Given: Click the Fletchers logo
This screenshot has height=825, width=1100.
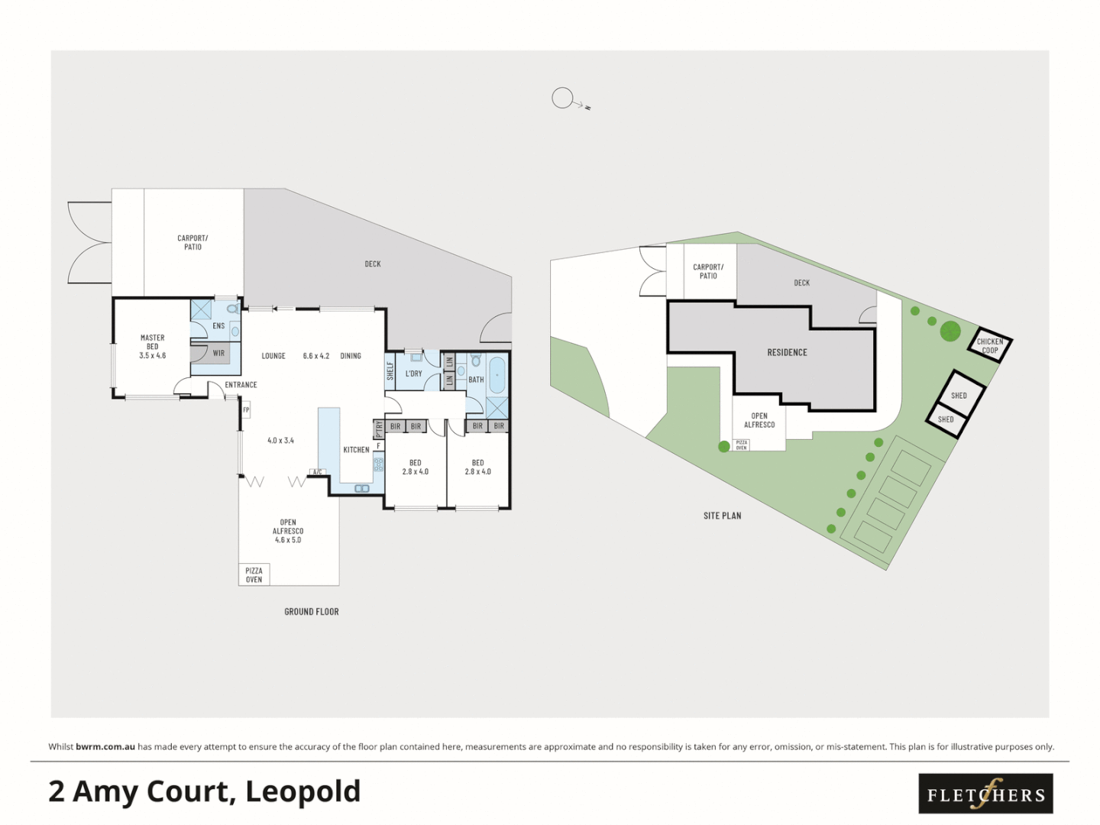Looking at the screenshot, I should point(985,794).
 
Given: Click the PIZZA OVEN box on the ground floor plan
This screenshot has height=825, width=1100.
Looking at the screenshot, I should point(254,574).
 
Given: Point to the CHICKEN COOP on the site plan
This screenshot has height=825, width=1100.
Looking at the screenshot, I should point(990,346).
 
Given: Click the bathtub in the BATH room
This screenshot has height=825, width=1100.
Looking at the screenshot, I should point(497,375).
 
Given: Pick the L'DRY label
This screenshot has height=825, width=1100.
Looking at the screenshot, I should point(413,374).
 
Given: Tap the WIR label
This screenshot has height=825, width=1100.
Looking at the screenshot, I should point(218,353).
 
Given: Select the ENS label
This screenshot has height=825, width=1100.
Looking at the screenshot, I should point(218,326).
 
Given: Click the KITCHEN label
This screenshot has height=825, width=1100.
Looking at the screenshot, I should point(356,450).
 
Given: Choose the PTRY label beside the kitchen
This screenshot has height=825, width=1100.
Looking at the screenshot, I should point(379,429).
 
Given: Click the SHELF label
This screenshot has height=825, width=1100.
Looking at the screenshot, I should point(390,371).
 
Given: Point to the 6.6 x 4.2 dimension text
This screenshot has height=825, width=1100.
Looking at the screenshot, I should point(315,356).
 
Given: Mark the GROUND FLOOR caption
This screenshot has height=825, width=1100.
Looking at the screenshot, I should point(312,612).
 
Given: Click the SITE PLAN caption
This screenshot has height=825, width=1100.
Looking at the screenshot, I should point(722,516).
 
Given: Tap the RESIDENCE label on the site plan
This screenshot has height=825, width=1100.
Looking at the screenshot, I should point(787,352).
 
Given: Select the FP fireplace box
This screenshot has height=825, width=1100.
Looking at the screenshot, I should point(246,410).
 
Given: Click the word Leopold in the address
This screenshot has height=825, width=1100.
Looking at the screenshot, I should point(302,791).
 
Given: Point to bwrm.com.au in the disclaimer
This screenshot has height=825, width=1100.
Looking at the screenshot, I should point(105,746).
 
